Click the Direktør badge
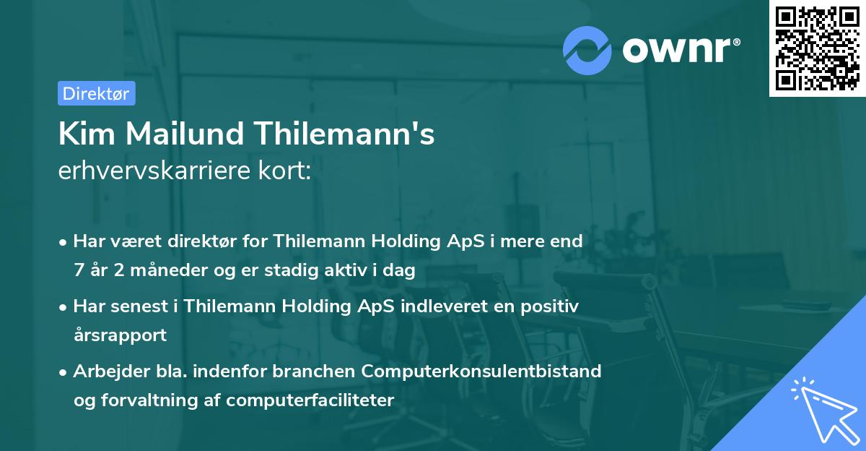[x=96, y=93]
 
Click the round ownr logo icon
[x=587, y=50]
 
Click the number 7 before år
[x=78, y=271]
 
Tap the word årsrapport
[x=120, y=335]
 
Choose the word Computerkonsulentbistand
[x=482, y=371]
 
